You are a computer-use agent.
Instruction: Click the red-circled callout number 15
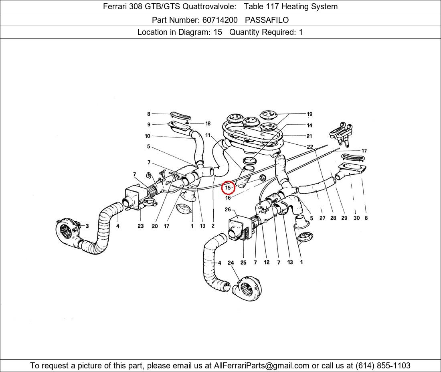(228, 188)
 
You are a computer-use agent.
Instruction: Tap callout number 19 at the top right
(310, 114)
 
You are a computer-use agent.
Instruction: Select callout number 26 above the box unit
(228, 210)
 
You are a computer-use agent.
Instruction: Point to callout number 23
(141, 226)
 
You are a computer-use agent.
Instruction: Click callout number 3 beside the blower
(87, 226)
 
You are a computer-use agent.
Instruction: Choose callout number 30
(356, 218)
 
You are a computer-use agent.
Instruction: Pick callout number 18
(208, 123)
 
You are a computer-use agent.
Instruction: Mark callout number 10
(148, 136)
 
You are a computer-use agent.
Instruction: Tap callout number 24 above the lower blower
(231, 263)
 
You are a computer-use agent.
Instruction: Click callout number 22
(310, 147)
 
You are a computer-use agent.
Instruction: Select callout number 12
(267, 262)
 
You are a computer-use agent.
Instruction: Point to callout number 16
(228, 198)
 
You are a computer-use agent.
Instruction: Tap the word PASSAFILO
(267, 20)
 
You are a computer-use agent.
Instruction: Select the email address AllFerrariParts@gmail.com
(261, 366)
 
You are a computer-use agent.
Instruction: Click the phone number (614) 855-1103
(383, 366)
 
